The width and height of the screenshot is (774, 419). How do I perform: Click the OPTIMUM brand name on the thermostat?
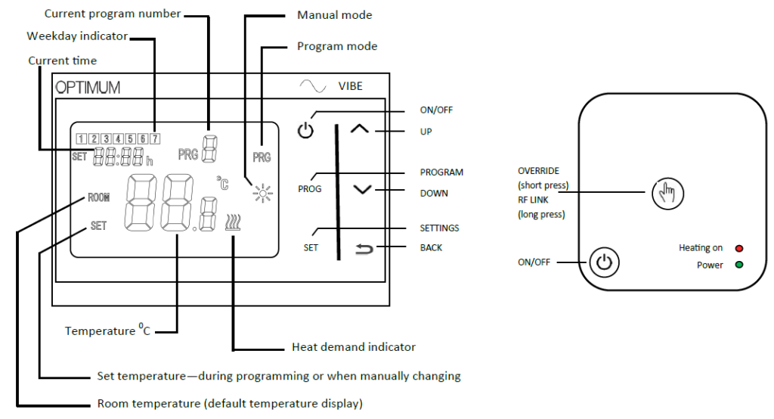(x=88, y=88)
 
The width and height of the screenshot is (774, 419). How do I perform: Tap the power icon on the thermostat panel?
(x=305, y=131)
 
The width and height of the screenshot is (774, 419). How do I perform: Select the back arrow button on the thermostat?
(x=364, y=248)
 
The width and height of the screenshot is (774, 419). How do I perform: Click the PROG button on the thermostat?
(x=309, y=188)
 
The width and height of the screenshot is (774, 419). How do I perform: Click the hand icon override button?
(x=667, y=193)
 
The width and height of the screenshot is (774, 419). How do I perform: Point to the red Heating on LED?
(x=739, y=248)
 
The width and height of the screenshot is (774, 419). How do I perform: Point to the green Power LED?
(x=739, y=265)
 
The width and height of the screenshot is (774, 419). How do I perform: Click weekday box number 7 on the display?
(x=154, y=138)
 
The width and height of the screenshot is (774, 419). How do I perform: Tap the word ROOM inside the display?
(x=98, y=197)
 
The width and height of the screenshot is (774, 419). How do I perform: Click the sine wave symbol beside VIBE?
(x=313, y=85)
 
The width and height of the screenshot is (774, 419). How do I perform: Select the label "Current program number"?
(x=113, y=14)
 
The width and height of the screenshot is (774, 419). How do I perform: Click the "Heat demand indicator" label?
(x=354, y=347)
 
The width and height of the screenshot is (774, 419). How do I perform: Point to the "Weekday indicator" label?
(x=77, y=36)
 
